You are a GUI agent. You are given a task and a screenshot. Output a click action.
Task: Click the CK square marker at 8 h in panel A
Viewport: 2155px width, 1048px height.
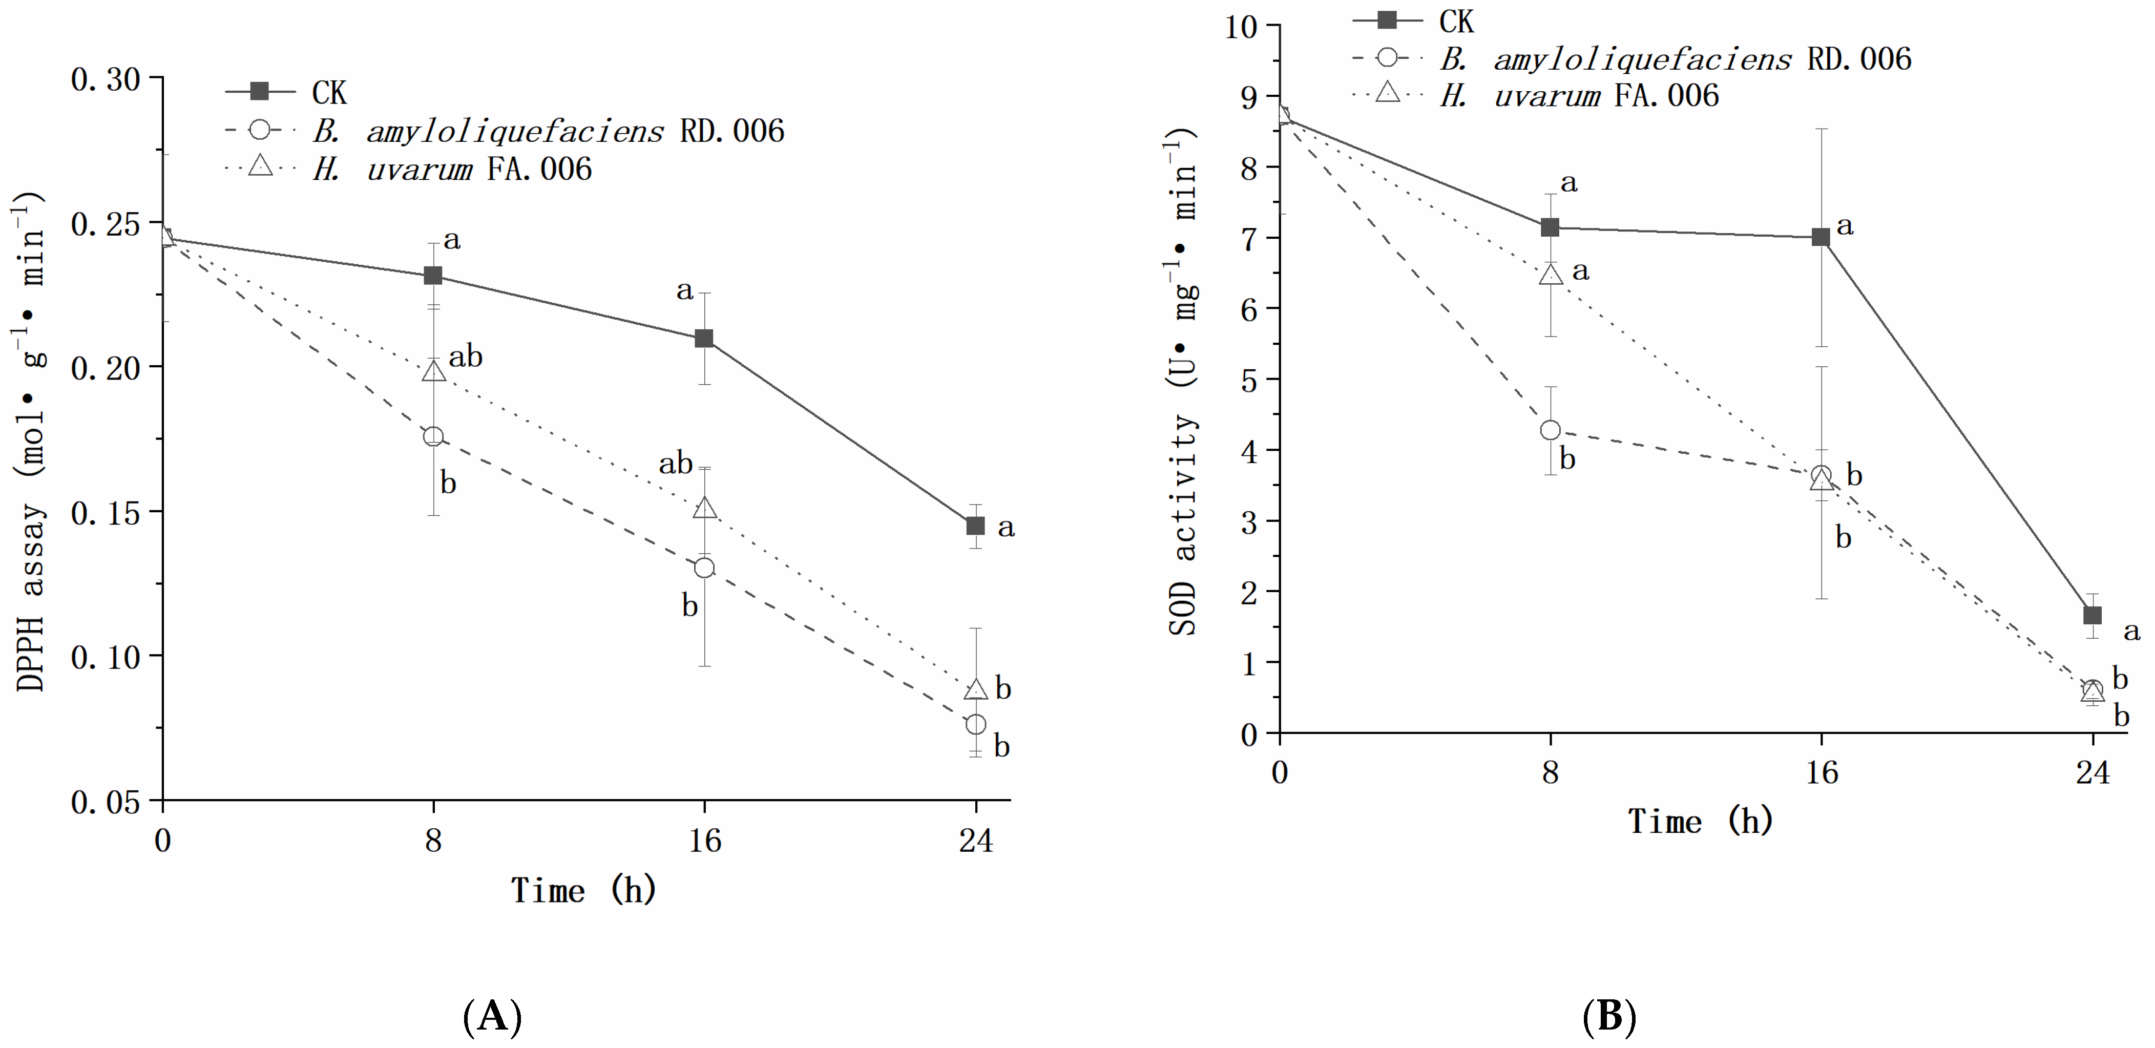tap(432, 276)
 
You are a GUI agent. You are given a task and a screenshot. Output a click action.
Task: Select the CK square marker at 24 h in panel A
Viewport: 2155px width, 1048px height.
tap(975, 526)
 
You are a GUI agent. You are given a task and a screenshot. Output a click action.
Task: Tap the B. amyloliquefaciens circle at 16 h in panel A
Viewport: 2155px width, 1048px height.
tap(704, 568)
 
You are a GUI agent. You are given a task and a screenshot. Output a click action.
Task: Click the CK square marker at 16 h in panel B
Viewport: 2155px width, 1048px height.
tap(1821, 238)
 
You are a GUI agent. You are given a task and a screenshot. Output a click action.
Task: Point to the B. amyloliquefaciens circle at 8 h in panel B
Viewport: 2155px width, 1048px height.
tap(1550, 430)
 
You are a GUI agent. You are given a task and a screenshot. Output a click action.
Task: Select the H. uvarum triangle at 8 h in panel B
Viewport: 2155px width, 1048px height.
tap(1550, 275)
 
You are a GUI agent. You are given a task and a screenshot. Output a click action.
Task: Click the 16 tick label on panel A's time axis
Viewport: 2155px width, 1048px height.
tap(704, 840)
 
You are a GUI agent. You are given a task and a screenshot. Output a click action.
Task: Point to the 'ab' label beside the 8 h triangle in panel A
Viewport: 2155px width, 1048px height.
tap(465, 357)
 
